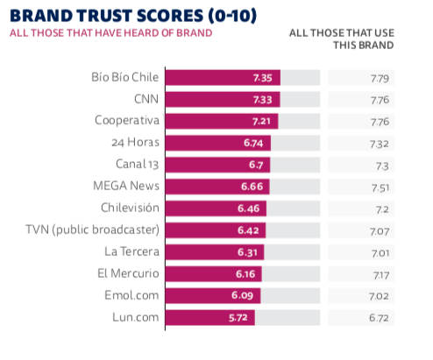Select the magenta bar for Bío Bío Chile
(223, 78)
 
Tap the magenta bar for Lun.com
(210, 317)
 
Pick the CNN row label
(146, 99)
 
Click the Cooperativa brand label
(127, 121)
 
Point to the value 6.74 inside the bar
(253, 143)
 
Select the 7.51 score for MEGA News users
(380, 187)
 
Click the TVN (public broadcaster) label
(93, 229)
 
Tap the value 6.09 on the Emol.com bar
(242, 295)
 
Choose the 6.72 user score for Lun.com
(379, 318)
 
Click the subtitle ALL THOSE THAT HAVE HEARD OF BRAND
(111, 33)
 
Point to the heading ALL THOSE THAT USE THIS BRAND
(342, 39)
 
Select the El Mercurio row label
(128, 273)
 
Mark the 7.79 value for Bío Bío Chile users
(380, 79)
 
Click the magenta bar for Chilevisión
(216, 208)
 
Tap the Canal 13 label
(138, 165)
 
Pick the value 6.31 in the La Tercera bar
(247, 252)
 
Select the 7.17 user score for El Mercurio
(381, 275)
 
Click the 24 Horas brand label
(135, 143)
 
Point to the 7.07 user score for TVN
(380, 231)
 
